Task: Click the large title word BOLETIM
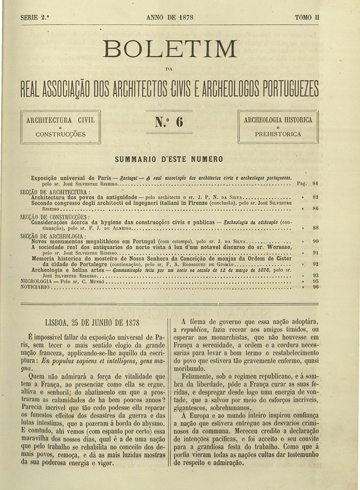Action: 170,50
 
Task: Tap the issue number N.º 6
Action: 168,122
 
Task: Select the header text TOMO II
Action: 307,17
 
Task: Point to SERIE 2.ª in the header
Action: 35,17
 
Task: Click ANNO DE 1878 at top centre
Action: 169,17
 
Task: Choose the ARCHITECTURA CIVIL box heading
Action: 60,120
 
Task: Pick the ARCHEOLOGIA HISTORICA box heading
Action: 278,120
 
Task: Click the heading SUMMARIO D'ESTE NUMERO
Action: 169,159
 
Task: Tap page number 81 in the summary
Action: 315,182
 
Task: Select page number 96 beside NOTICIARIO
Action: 315,287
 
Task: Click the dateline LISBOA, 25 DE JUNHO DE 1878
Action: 92,323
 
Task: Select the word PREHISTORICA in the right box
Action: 278,134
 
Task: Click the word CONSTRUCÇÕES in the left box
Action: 60,134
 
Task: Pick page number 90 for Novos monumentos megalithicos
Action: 315,241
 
